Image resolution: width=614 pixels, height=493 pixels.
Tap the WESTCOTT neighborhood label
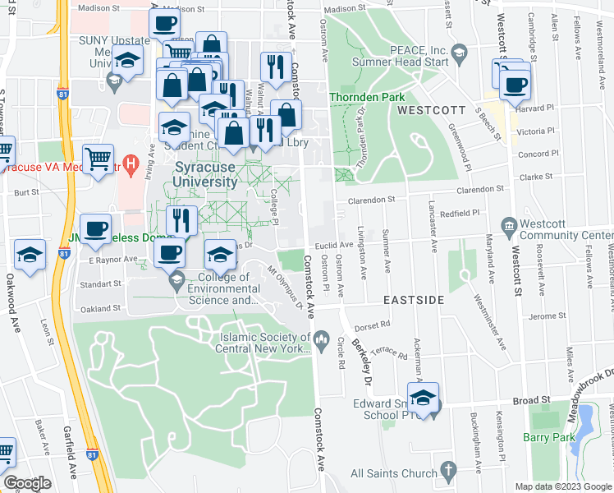[428, 109]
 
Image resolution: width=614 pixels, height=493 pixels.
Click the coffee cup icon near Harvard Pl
[515, 84]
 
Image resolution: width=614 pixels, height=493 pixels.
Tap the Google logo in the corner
[27, 483]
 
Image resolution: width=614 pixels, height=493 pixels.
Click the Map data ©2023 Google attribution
[563, 486]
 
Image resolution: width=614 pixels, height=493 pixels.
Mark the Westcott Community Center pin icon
[509, 225]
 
